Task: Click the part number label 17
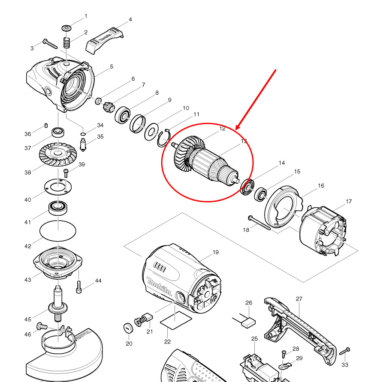click(349, 201)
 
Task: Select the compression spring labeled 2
click(66, 43)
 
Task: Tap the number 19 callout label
click(215, 252)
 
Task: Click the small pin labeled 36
click(45, 125)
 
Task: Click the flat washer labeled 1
click(66, 28)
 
